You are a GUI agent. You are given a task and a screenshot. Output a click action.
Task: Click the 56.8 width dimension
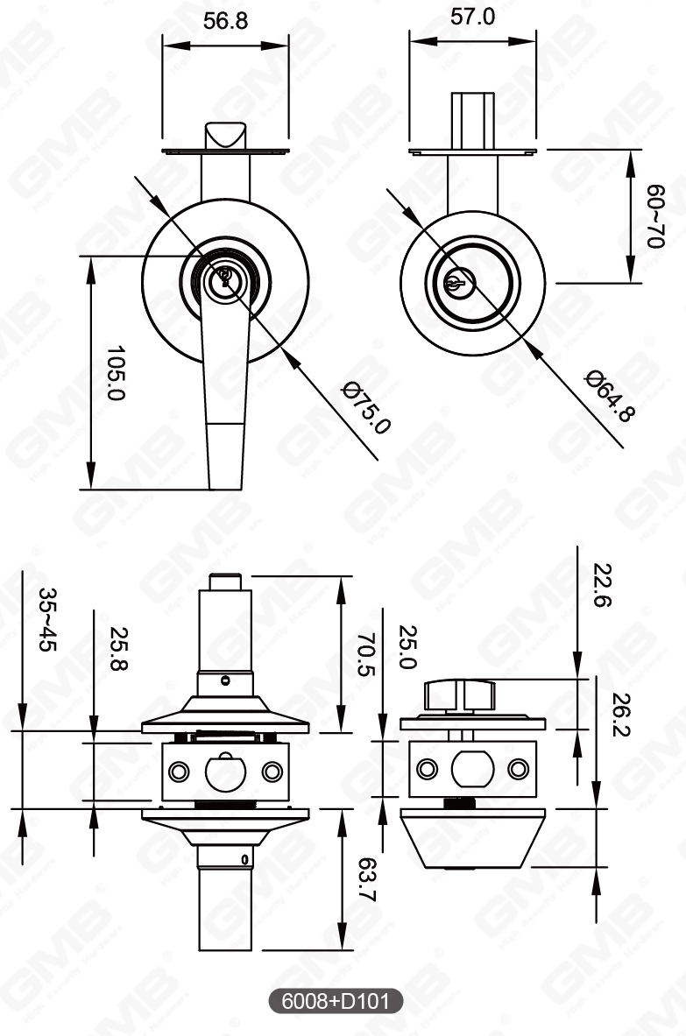point(225,21)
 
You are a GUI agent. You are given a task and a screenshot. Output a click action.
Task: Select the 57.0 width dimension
point(472,17)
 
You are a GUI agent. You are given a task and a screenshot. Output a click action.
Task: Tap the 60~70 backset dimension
point(654,216)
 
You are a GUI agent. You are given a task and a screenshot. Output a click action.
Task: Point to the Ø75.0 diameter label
point(366,407)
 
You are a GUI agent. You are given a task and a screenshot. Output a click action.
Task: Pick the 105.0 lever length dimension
point(115,372)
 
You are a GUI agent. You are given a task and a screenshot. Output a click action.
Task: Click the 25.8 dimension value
point(118,648)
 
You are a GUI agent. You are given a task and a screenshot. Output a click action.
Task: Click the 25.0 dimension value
point(407,647)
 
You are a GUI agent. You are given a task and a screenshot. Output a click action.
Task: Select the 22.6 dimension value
point(603,584)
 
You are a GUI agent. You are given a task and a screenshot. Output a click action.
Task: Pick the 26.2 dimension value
point(623,715)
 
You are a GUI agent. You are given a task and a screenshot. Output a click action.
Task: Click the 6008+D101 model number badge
point(336,1001)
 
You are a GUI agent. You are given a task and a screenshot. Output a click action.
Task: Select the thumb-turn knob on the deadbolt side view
point(460,696)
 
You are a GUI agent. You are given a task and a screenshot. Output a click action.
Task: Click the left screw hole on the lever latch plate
point(180,772)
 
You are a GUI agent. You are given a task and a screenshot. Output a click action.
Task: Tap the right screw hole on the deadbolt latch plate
point(519,769)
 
